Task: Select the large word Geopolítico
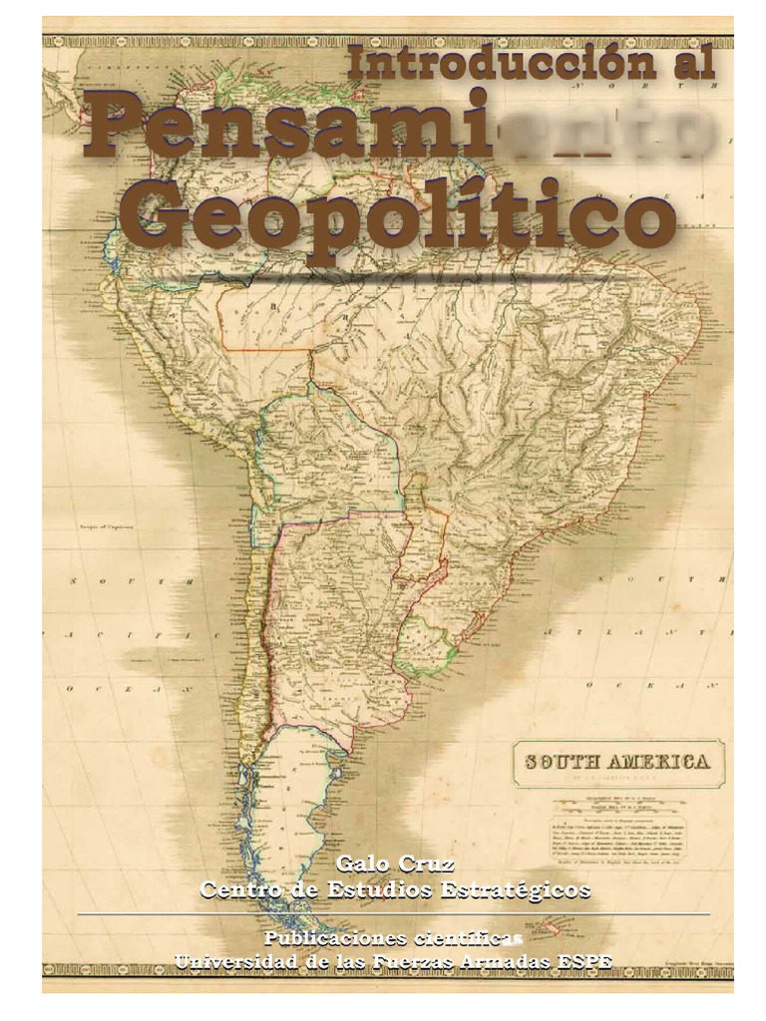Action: (x=403, y=218)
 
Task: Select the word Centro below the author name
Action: (x=238, y=888)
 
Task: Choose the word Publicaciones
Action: (x=336, y=938)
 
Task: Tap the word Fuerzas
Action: (x=417, y=961)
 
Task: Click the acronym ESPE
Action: (x=585, y=961)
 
